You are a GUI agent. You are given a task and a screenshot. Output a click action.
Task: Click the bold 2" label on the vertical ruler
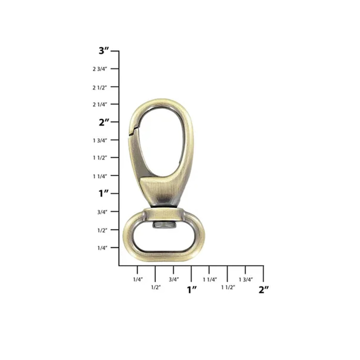[x=104, y=122]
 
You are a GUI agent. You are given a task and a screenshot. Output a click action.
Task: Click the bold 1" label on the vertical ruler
[x=104, y=194]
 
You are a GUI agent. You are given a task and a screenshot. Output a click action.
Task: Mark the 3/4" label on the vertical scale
[x=102, y=212]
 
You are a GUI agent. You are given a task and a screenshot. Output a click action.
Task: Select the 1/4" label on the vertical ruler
[x=102, y=248]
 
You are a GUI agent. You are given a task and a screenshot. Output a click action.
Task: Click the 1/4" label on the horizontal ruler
[x=138, y=279]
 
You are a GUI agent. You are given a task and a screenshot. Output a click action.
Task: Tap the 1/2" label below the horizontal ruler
[x=156, y=287]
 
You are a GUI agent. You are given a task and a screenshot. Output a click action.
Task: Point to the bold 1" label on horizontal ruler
[x=192, y=289]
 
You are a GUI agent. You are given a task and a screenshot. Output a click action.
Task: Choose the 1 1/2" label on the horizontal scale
[x=228, y=287]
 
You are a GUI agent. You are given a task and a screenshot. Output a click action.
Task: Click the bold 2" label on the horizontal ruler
[x=264, y=289]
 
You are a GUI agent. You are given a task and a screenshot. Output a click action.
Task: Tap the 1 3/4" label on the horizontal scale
[x=246, y=279]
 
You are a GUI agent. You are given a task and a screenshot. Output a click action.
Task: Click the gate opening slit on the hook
[x=133, y=130]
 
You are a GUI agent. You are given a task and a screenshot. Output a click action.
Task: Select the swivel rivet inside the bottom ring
[x=164, y=226]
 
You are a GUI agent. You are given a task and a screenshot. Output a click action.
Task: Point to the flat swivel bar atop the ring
[x=164, y=214]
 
